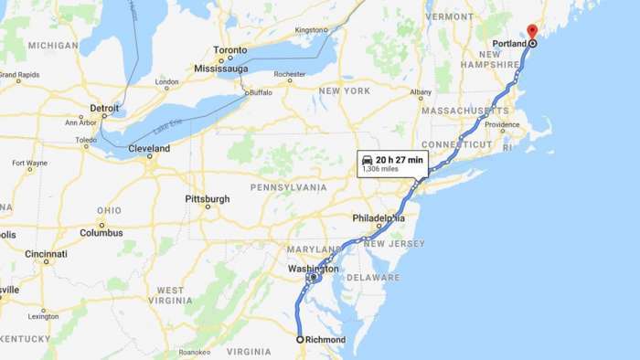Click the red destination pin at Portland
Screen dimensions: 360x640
tap(532, 33)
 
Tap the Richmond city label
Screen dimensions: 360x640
tap(326, 340)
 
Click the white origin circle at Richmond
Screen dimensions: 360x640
tap(300, 340)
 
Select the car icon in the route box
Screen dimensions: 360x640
tap(367, 160)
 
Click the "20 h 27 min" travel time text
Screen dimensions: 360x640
tap(400, 160)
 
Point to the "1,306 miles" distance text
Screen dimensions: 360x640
tap(381, 170)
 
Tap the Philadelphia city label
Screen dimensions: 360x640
tap(379, 217)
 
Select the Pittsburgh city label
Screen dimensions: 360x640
tap(207, 198)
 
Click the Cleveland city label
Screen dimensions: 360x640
tap(148, 148)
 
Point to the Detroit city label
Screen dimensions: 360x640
tap(104, 108)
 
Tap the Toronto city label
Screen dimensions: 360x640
tap(230, 51)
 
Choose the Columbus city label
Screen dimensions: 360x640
tap(101, 232)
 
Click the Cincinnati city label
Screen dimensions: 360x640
tap(46, 253)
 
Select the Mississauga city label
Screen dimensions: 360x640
tap(223, 68)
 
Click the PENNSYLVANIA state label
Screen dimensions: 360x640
tap(288, 186)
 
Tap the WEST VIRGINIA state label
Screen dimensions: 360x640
tap(169, 295)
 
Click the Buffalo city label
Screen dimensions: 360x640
tap(261, 92)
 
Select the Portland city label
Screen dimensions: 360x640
tap(507, 43)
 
